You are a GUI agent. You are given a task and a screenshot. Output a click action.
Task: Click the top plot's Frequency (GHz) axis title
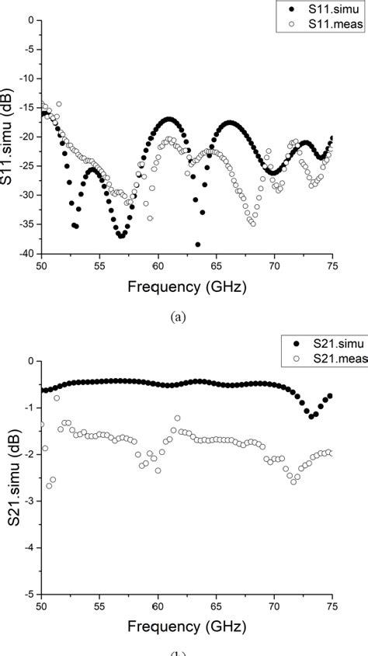tap(186, 287)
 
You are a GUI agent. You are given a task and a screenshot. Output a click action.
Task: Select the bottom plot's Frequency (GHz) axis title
tap(186, 626)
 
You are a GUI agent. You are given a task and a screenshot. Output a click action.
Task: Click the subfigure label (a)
tap(186, 317)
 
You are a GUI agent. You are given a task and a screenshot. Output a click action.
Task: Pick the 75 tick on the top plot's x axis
tap(332, 266)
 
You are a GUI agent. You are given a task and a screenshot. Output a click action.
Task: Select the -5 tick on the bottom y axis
tap(31, 594)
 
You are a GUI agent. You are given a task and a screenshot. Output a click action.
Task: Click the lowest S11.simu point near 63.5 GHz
tap(198, 245)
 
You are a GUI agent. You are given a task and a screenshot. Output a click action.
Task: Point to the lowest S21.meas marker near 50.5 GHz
tap(48, 486)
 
